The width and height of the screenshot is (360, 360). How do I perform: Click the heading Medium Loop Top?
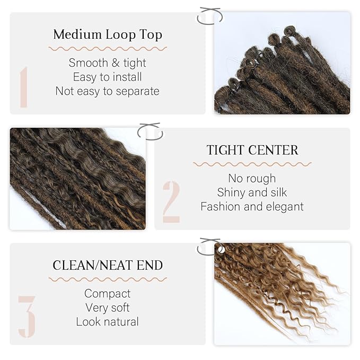(108, 35)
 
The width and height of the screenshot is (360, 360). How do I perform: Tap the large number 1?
(24, 86)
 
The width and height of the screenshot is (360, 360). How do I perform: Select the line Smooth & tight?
(108, 63)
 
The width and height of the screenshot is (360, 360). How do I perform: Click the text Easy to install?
(108, 77)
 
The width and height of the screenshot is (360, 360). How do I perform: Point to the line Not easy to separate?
(108, 91)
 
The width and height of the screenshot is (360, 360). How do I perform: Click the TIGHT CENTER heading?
(252, 150)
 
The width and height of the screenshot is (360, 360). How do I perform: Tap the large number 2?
(171, 201)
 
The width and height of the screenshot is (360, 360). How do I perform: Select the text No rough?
(252, 178)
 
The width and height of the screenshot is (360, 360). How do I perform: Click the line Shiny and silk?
(252, 192)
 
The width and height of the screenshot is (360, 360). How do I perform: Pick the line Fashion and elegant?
(252, 207)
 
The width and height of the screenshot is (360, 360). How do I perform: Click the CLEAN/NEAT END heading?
(108, 265)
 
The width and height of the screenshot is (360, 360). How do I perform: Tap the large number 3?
(27, 317)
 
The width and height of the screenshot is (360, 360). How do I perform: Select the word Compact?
(108, 293)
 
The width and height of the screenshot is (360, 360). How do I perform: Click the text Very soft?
(108, 308)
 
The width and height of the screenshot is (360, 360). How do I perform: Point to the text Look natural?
(108, 322)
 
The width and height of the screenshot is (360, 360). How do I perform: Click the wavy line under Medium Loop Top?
(108, 49)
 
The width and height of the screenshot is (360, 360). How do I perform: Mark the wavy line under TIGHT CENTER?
(252, 164)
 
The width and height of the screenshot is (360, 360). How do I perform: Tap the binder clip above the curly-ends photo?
(208, 247)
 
